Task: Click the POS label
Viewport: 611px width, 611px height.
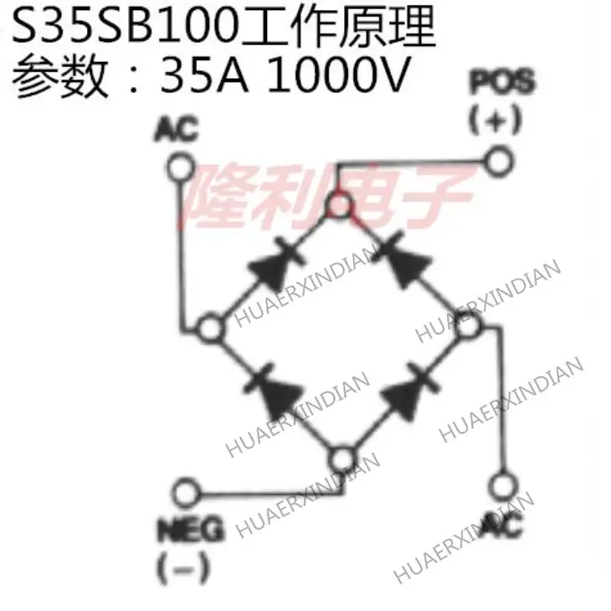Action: point(501,84)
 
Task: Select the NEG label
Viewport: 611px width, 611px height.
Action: point(191,530)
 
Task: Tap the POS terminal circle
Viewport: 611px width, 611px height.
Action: point(499,160)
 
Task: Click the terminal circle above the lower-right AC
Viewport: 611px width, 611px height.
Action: point(501,485)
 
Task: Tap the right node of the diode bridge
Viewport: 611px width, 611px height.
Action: point(465,329)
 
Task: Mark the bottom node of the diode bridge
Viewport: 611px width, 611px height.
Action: point(341,459)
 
